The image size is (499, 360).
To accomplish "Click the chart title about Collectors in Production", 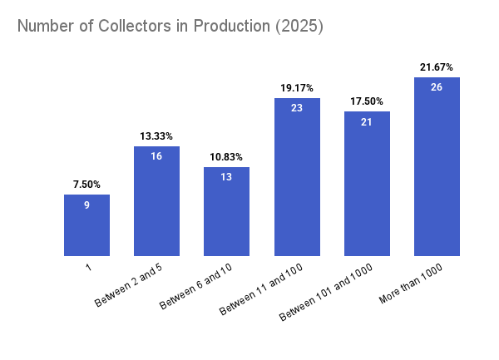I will coord(170,26).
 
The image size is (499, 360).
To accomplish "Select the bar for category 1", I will coord(86,229).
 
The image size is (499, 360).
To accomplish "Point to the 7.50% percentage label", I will coord(86,184).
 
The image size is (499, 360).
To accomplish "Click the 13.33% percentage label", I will coord(156,136).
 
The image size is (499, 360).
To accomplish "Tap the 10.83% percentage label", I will coord(226,156).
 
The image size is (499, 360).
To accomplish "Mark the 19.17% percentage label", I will coord(296,87).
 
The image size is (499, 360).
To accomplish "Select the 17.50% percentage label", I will coord(367,101).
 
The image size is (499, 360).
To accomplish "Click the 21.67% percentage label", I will coord(437,67).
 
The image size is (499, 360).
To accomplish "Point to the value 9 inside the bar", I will coord(86,205).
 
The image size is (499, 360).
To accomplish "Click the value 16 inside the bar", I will coord(156,156).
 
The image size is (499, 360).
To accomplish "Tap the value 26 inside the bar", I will coord(437,87).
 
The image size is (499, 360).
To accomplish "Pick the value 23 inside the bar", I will coord(296,108).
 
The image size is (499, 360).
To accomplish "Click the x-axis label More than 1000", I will coord(411,284).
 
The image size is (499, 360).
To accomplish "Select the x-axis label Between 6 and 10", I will coord(197,287).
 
